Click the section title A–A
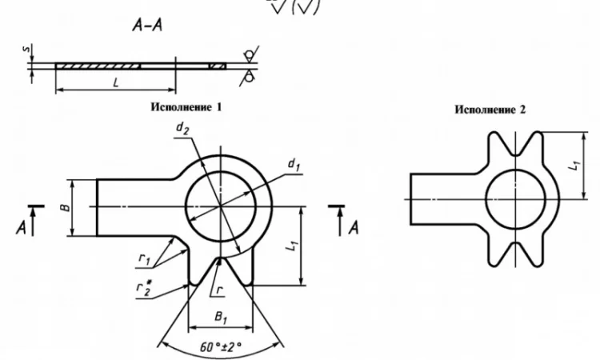147,26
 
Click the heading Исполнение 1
186,106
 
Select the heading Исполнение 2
490,110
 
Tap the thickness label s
26,50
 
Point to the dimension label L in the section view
116,82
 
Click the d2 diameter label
182,128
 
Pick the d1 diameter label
294,165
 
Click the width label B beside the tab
66,207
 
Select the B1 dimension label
221,317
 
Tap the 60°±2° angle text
221,346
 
